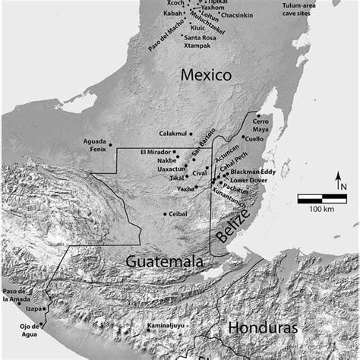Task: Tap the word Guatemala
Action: [x=165, y=261]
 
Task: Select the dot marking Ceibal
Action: [x=165, y=214]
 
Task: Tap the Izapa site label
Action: [x=33, y=308]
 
